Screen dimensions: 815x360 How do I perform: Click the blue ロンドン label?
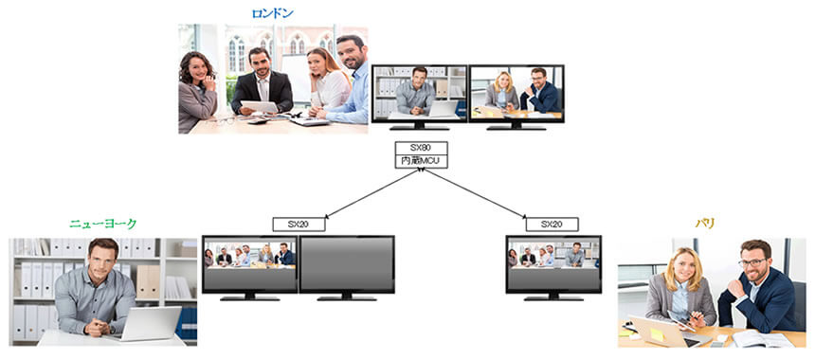pos(272,14)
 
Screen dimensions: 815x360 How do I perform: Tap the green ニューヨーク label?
pos(103,224)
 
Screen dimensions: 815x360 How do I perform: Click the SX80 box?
pos(421,148)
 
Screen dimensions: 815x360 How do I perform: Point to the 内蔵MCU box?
pos(421,162)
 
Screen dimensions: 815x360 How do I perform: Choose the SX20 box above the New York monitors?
pos(299,225)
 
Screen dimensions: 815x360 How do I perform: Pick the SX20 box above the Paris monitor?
pos(552,225)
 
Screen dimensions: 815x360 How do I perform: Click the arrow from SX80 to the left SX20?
pos(371,193)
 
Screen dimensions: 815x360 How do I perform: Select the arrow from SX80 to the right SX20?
pos(475,193)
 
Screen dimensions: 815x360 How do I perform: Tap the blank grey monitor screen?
pos(347,264)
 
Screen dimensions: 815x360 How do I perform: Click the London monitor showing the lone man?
pos(420,98)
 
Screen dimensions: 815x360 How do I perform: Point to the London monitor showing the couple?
pos(516,98)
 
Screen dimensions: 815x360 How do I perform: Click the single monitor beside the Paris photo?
pos(553,268)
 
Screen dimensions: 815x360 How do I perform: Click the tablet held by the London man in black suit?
pos(259,106)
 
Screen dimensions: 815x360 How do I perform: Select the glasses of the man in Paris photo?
pos(752,262)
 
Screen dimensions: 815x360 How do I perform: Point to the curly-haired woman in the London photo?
pos(197,93)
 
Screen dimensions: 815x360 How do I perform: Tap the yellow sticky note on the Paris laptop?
pos(657,334)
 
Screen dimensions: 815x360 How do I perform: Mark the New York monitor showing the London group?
pos(249,268)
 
